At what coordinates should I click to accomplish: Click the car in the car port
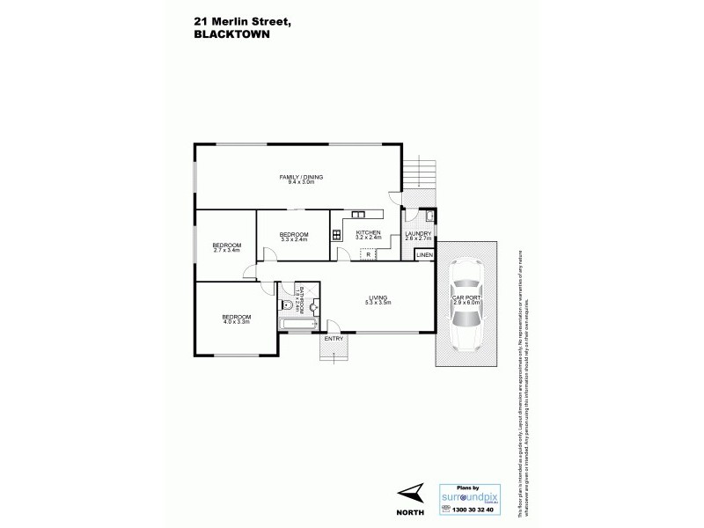point(466,305)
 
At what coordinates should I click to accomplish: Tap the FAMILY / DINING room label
point(302,178)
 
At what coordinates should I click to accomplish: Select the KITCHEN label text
point(367,232)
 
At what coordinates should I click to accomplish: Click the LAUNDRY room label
point(417,232)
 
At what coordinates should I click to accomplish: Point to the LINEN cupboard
point(425,254)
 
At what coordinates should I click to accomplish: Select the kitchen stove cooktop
point(336,234)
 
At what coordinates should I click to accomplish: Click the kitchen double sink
point(359,214)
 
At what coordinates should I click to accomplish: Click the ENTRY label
point(334,339)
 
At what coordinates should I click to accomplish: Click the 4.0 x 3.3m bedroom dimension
point(236,322)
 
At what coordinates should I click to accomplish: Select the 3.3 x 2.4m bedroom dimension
point(294,238)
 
